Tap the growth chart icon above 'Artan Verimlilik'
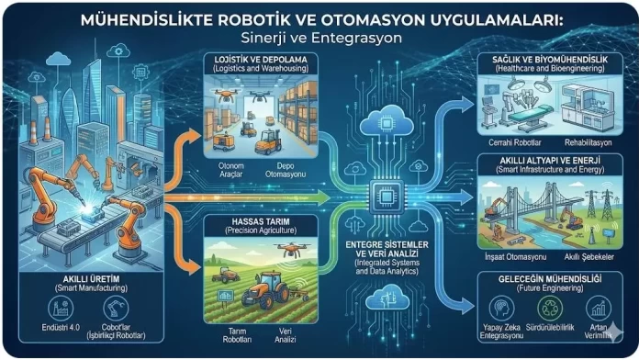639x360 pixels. pyautogui.click(x=598, y=308)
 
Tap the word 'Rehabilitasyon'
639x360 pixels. pyautogui.click(x=590, y=143)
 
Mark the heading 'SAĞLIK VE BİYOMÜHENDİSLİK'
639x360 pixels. pyautogui.click(x=550, y=59)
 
